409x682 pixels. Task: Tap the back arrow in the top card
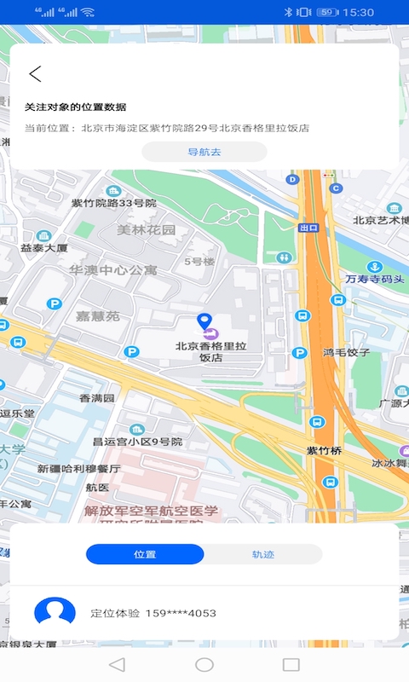coord(35,74)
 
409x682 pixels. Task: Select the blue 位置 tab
coord(145,554)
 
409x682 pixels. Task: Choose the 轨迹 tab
coord(262,554)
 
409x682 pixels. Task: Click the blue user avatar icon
coord(55,612)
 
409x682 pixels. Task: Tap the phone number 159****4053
coord(180,613)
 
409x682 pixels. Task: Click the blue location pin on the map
coord(204,321)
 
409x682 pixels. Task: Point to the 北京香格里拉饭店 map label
coord(210,352)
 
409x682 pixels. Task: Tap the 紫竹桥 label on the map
coord(324,450)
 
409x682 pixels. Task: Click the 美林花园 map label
coord(146,230)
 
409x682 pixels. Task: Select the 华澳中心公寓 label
coord(113,269)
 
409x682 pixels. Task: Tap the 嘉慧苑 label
coord(98,315)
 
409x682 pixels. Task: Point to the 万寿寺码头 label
coord(375,279)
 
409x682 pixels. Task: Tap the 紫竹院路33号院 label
coord(113,204)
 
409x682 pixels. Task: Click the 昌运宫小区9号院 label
coord(137,442)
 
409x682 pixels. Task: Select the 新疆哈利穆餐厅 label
coord(78,469)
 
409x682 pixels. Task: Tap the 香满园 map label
coord(97,398)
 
